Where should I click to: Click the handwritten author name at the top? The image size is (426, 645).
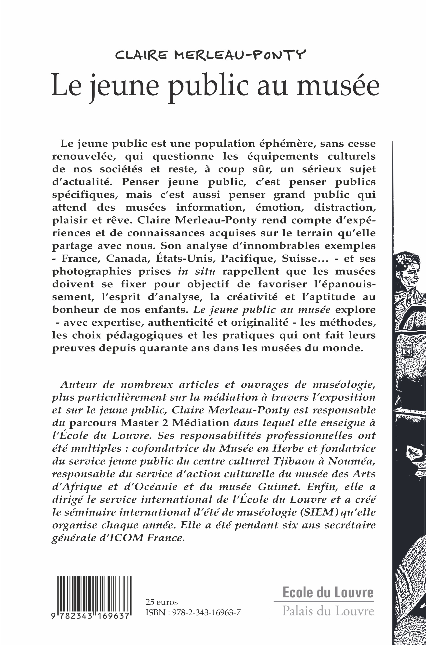(x=211, y=55)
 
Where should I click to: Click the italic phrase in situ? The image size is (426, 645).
(x=197, y=271)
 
